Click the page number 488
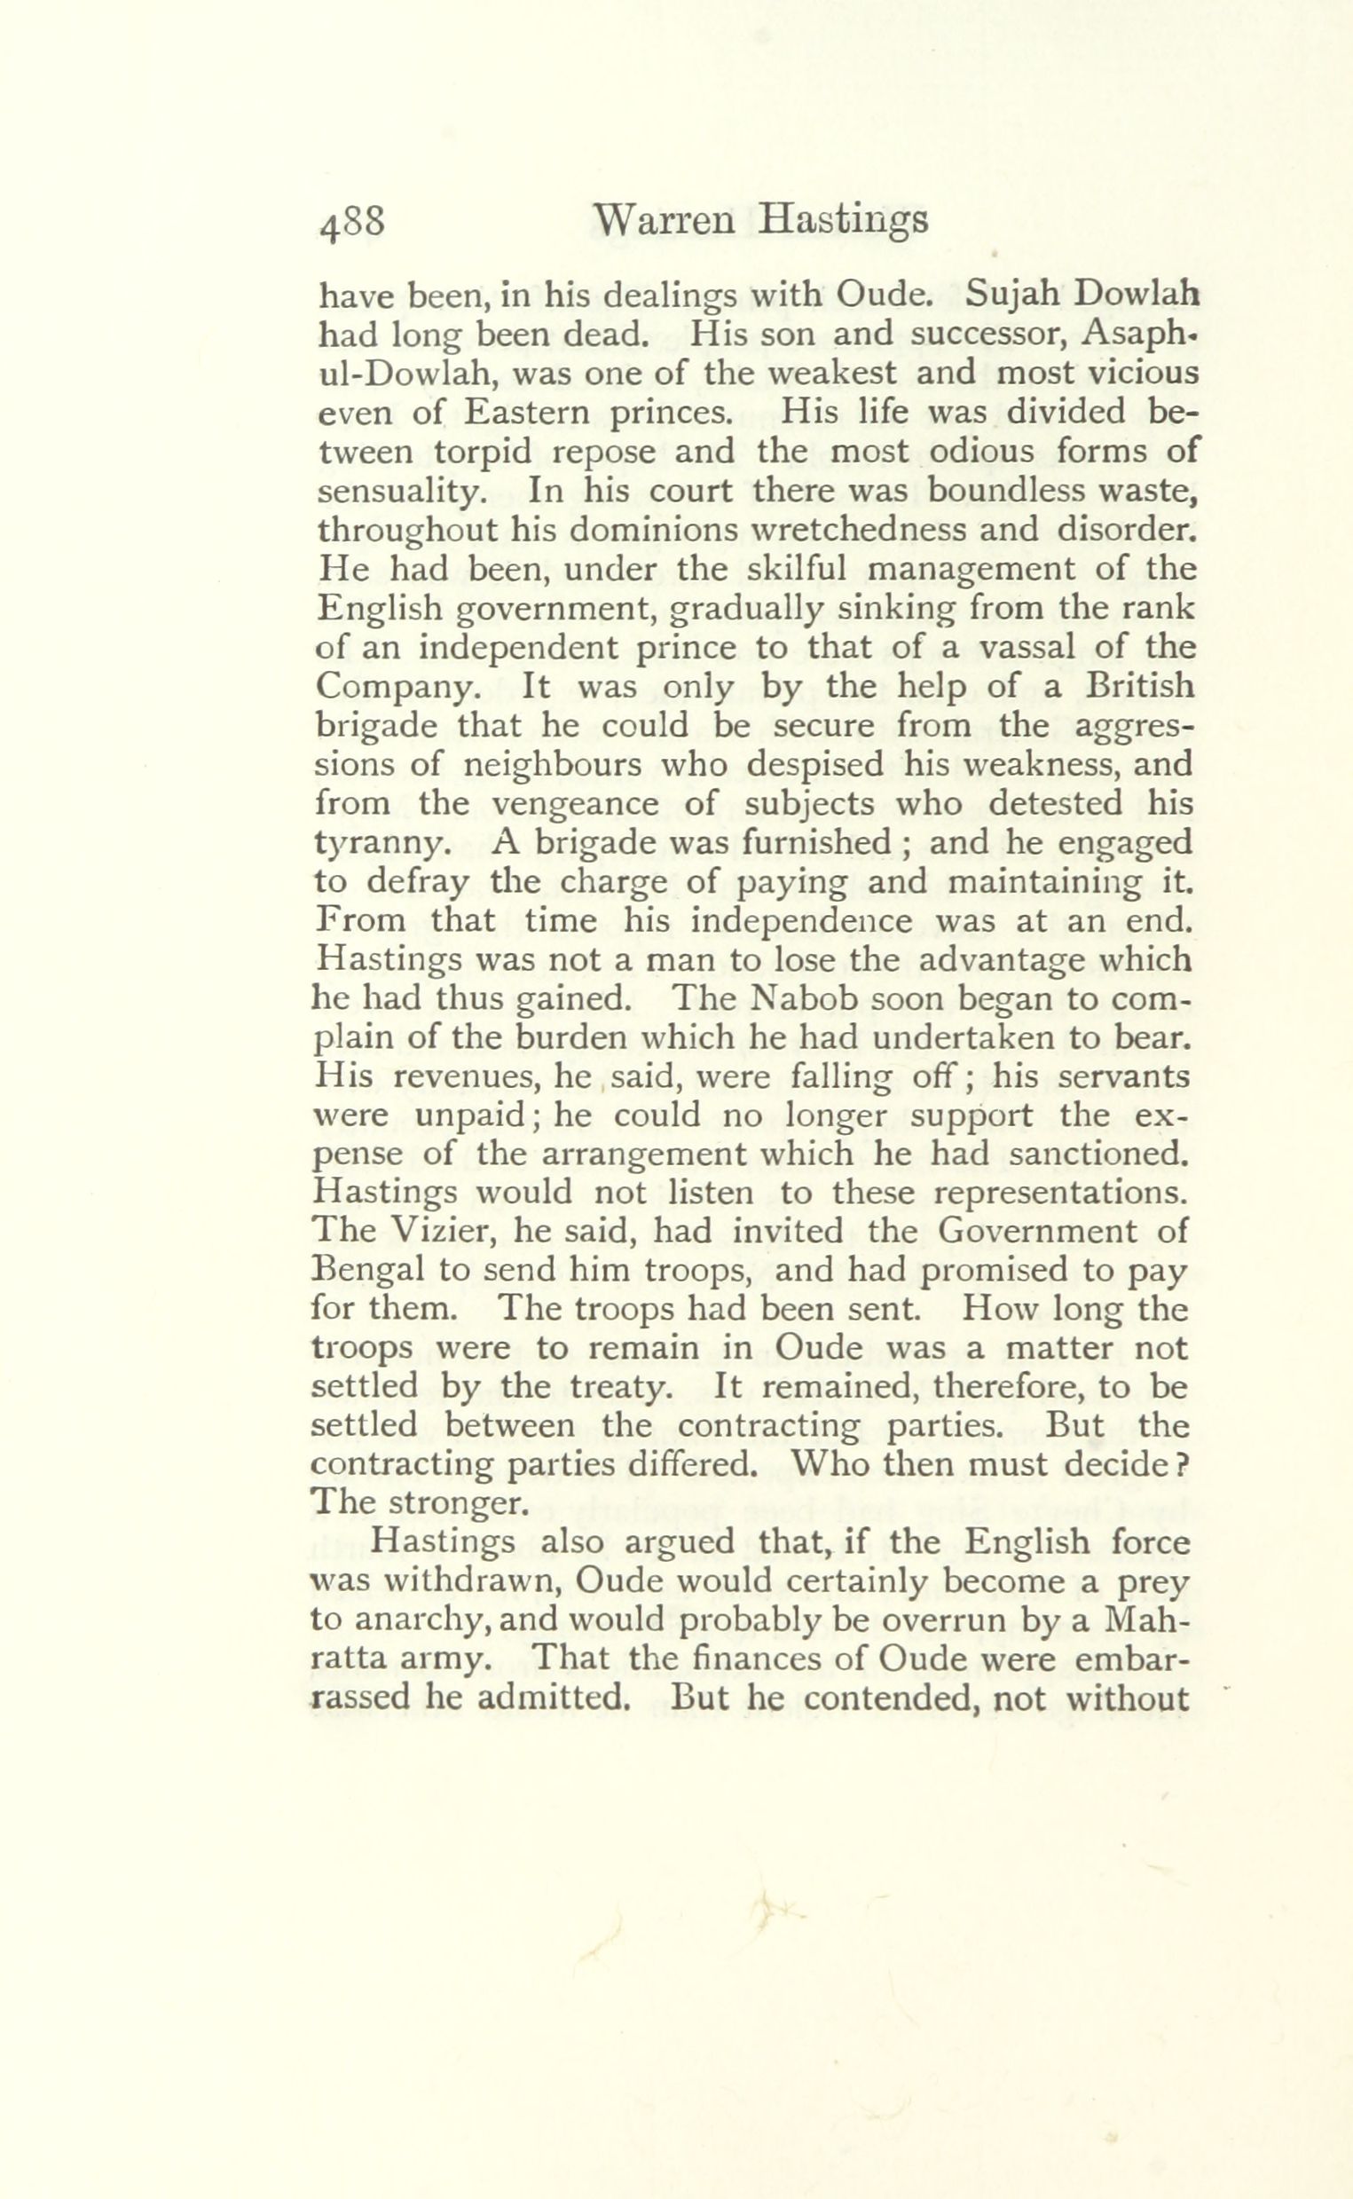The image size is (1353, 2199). click(350, 221)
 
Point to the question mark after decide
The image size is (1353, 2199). click(1181, 1464)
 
